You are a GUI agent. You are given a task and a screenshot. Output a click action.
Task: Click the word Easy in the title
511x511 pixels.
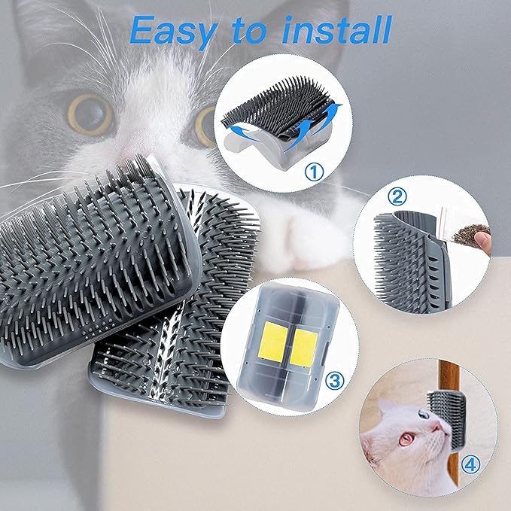pos(172,31)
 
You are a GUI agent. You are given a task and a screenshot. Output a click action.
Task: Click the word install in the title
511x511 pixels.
pos(336,29)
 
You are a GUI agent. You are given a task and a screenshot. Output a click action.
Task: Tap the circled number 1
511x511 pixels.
pos(315,172)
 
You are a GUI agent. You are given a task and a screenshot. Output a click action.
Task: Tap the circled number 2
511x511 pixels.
pos(397,197)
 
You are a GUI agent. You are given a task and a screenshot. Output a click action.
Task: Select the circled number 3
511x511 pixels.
pos(335,381)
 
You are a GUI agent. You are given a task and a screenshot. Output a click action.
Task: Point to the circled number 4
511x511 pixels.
pos(470,465)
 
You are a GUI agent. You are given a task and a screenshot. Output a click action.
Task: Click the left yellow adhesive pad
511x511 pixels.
pos(273,342)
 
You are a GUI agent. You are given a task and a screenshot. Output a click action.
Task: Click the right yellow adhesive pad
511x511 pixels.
pos(304,348)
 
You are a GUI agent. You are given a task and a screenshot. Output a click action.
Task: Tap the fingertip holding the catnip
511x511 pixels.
pos(483,243)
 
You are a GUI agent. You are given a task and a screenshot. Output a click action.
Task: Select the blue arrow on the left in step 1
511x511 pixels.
pos(244,132)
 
